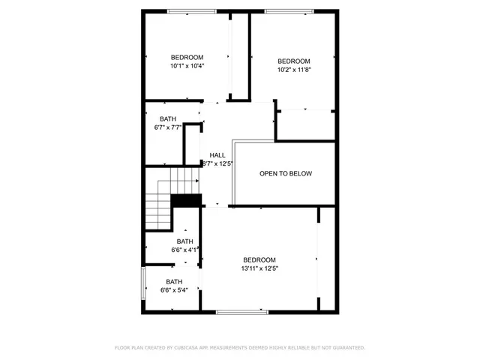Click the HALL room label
[217, 155]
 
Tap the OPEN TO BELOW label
[286, 173]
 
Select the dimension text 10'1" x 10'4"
[187, 66]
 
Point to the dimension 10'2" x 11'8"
[294, 70]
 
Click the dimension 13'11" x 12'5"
[260, 268]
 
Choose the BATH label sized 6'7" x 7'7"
[168, 119]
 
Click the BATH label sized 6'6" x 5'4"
[175, 282]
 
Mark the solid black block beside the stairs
[187, 200]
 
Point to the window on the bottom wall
[241, 311]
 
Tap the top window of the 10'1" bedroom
[187, 10]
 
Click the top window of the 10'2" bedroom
[289, 10]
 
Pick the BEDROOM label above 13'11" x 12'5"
[259, 259]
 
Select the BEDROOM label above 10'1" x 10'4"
[187, 58]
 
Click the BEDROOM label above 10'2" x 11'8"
[294, 61]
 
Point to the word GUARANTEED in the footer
[347, 348]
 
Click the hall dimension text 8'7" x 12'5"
[218, 163]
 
